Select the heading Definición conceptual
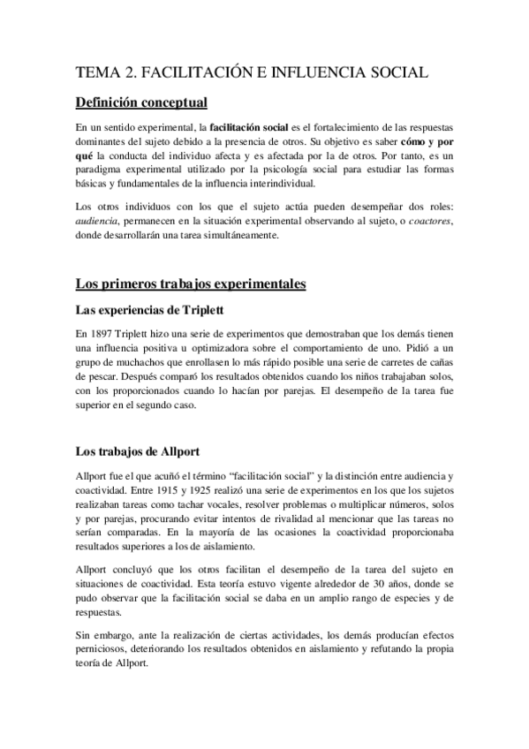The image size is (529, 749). click(x=141, y=102)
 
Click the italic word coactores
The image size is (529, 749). click(x=427, y=222)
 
